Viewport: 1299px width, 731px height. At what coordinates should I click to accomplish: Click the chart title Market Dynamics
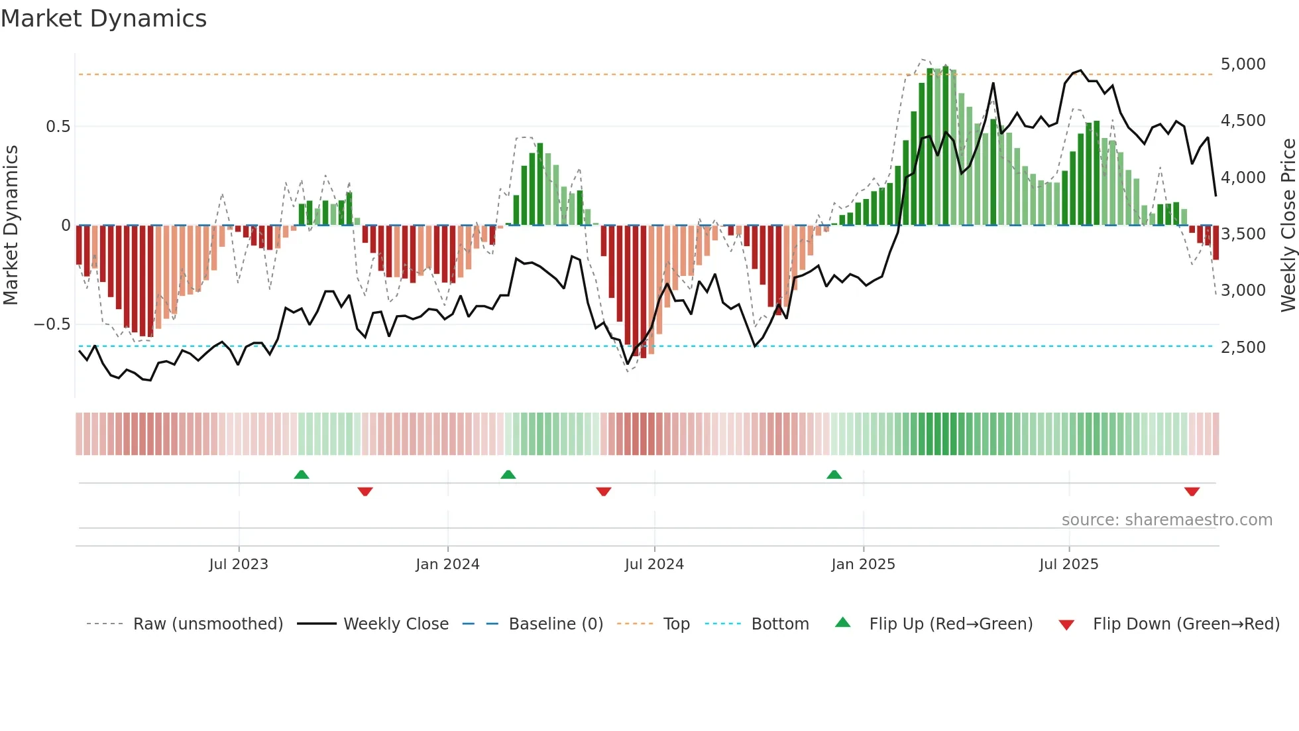(x=103, y=19)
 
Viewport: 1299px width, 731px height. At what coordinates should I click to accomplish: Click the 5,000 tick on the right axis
(x=1243, y=64)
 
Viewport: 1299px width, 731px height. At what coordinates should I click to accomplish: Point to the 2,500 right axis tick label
(x=1243, y=347)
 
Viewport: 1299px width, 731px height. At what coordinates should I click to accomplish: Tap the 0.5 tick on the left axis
(x=58, y=126)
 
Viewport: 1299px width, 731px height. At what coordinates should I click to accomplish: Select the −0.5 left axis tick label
(x=52, y=324)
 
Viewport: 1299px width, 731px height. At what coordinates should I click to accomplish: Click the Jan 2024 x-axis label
(x=447, y=565)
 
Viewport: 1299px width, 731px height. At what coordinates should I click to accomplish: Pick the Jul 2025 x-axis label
(x=1068, y=565)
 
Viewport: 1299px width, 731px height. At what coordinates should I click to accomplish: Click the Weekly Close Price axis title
(x=1288, y=226)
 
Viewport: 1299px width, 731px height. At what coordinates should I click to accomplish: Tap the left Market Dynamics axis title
(x=11, y=226)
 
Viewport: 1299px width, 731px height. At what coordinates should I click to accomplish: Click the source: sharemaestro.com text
(x=1166, y=520)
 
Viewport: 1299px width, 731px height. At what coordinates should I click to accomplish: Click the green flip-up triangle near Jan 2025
(x=834, y=474)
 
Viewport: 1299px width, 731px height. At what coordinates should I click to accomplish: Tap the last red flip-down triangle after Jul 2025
(x=1192, y=492)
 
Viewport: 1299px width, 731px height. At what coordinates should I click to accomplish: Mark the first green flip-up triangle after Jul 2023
(x=302, y=474)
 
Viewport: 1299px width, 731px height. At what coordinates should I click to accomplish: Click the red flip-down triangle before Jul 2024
(x=603, y=492)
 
